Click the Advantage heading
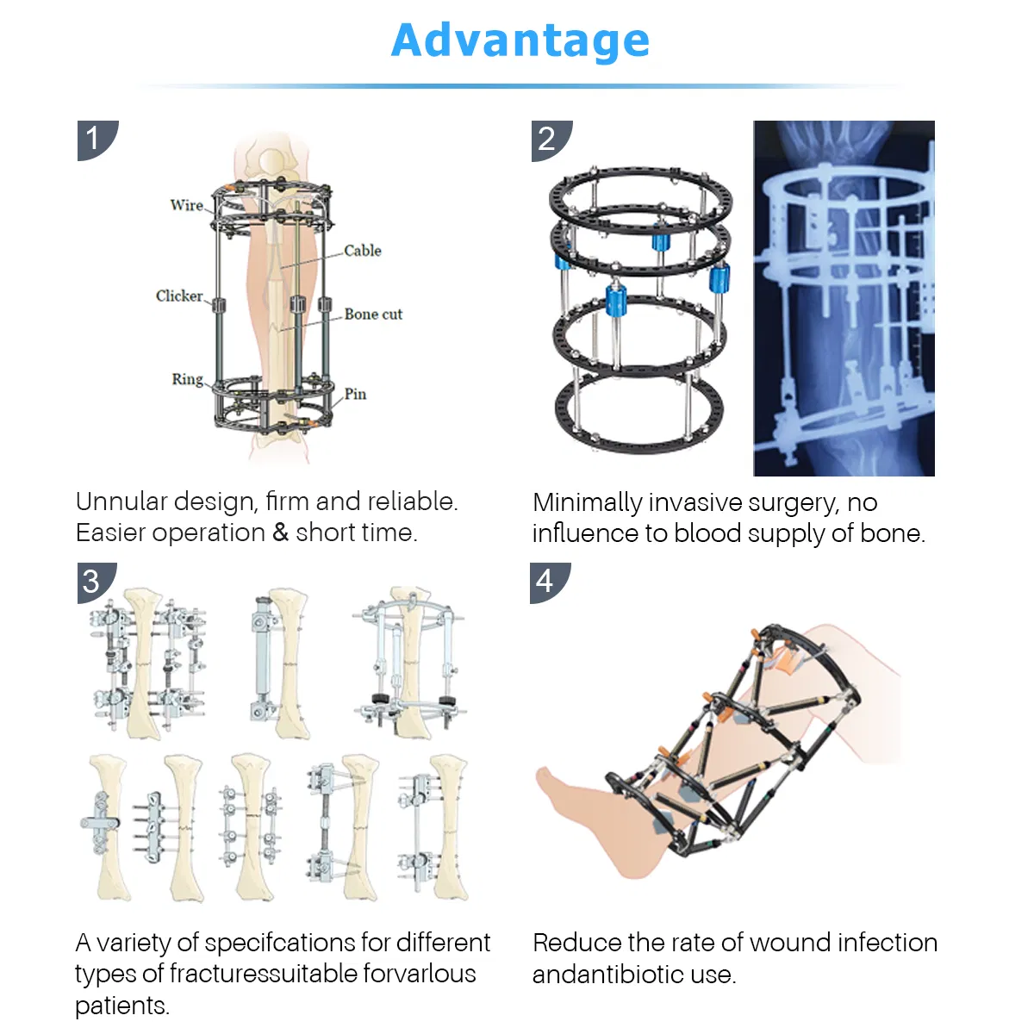pyautogui.click(x=520, y=40)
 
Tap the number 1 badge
pyautogui.click(x=94, y=138)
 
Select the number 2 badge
pyautogui.click(x=547, y=139)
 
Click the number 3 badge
pyautogui.click(x=92, y=582)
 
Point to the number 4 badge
pyautogui.click(x=545, y=582)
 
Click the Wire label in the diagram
pyautogui.click(x=186, y=205)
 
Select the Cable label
pyautogui.click(x=363, y=251)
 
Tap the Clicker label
pyautogui.click(x=179, y=296)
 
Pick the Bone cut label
pyautogui.click(x=373, y=315)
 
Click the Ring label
pyautogui.click(x=187, y=379)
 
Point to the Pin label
pyautogui.click(x=355, y=394)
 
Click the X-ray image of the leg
pyautogui.click(x=844, y=298)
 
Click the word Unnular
pyautogui.click(x=121, y=501)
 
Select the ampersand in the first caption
pyautogui.click(x=281, y=533)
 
